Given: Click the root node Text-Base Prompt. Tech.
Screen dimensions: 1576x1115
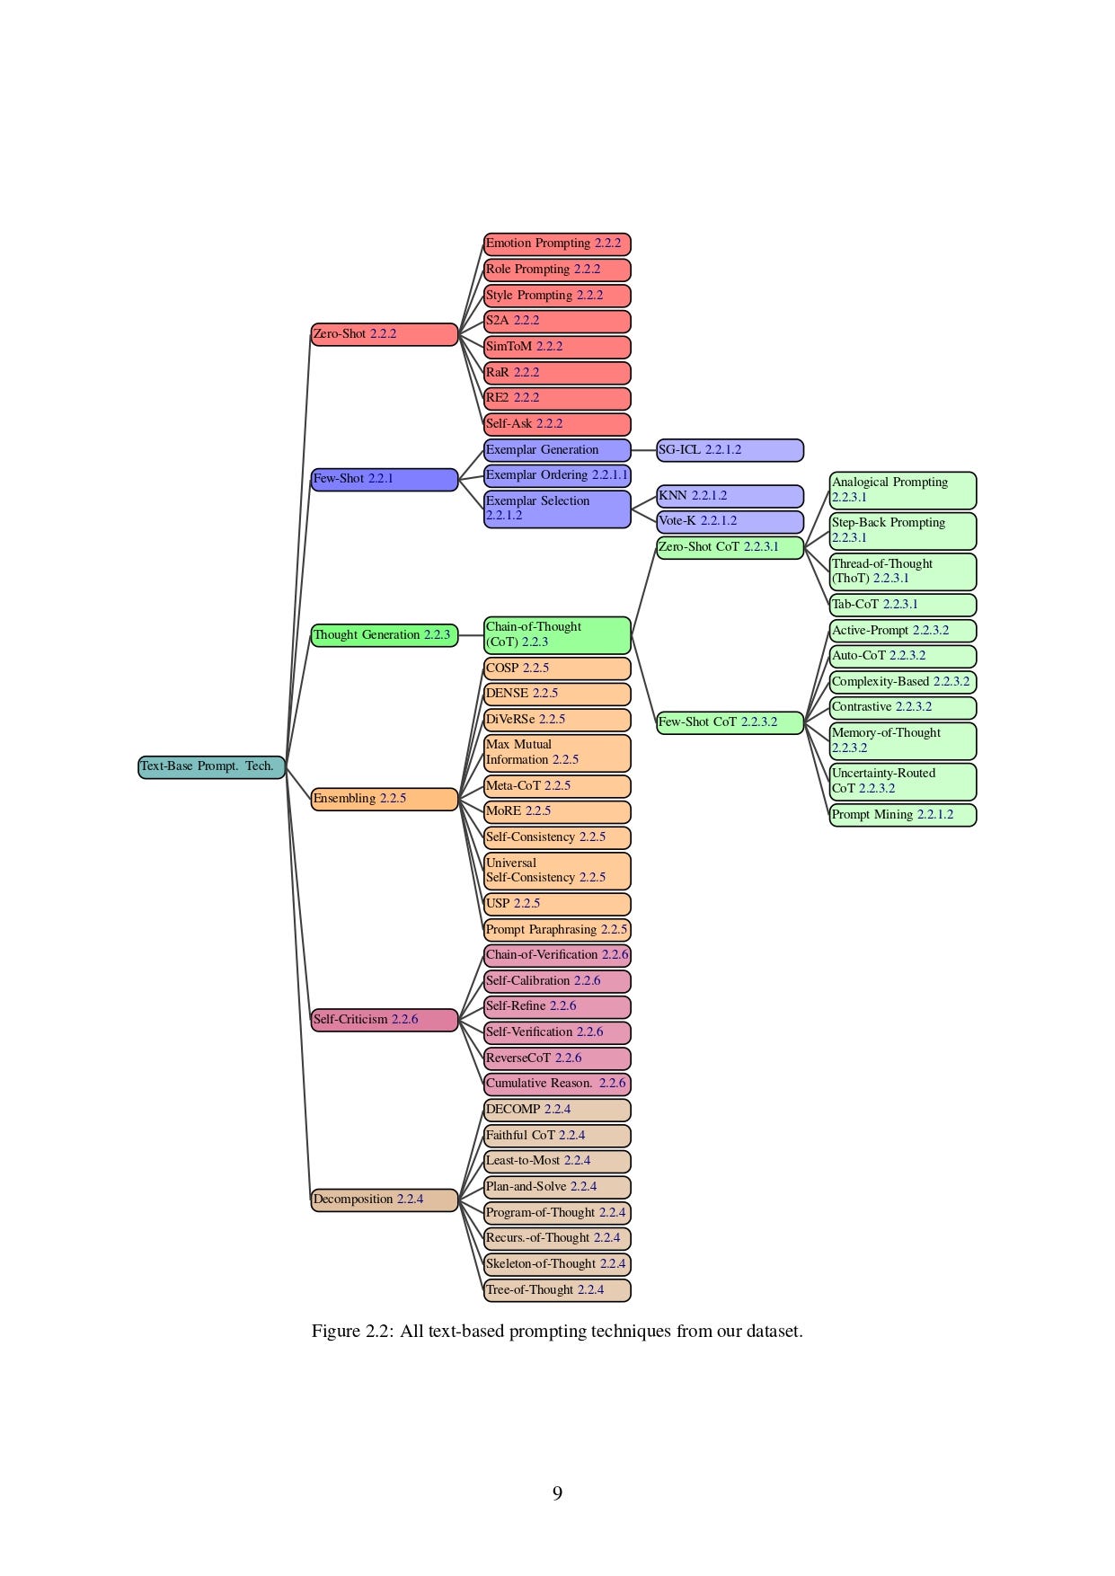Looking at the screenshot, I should (211, 767).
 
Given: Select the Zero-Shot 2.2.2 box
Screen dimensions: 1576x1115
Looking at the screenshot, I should (384, 334).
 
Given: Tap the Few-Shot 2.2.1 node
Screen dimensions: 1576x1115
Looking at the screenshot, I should (384, 479).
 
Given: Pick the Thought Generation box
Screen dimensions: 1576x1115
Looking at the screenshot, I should (384, 635).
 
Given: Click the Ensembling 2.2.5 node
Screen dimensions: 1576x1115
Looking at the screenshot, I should (384, 799).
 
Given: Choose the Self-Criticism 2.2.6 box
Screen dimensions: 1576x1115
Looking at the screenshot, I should (384, 1020).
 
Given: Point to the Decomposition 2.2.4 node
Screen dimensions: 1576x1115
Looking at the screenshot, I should (384, 1200).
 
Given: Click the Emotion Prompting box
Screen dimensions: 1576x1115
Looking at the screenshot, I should (557, 243).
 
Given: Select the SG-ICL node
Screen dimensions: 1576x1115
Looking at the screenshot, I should (730, 450).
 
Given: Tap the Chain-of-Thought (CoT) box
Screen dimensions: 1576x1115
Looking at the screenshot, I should (557, 634).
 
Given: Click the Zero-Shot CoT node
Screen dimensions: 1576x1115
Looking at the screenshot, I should (730, 547).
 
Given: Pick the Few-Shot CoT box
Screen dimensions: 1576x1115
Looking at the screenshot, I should (730, 722).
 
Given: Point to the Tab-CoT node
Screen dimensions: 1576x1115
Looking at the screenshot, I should (902, 605).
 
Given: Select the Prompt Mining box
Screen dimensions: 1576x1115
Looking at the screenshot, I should (902, 815).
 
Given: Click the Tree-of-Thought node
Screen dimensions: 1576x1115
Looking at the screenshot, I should (557, 1290).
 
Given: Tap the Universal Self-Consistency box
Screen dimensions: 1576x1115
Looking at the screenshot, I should (557, 871).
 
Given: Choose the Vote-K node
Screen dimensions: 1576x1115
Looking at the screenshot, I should (730, 521).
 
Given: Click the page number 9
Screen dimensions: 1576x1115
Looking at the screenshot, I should (557, 1493).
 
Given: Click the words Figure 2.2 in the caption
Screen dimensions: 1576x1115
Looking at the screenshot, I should (351, 1332).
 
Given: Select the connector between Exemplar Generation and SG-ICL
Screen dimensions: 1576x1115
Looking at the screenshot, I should (643, 450).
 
